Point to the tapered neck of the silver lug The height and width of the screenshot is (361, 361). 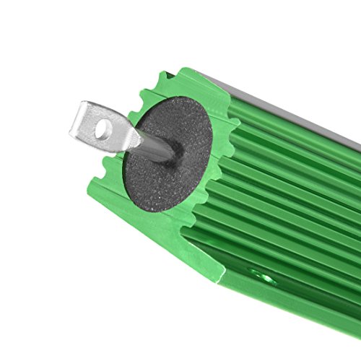pyautogui.click(x=132, y=137)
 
